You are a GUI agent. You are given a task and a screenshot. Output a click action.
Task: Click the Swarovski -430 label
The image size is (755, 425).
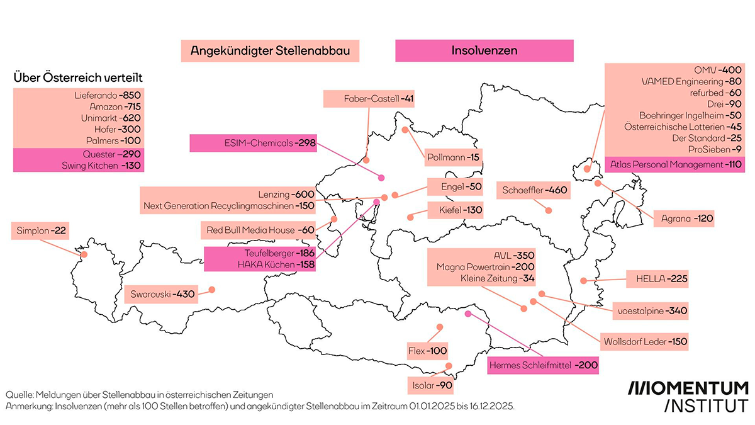(x=161, y=294)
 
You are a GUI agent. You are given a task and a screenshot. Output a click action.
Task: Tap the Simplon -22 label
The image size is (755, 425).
(x=39, y=231)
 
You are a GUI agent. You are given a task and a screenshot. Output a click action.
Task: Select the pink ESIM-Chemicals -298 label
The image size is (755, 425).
(x=251, y=143)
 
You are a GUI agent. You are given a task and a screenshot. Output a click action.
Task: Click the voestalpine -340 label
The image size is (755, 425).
(x=651, y=310)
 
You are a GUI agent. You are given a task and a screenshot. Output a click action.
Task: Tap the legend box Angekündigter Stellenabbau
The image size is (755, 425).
(x=270, y=50)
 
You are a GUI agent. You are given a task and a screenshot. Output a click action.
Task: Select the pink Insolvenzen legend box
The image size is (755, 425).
(x=484, y=50)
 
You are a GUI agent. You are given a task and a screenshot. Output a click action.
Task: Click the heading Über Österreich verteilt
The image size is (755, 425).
(x=78, y=78)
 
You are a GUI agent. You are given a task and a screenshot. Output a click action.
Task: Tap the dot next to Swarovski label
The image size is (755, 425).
(x=211, y=290)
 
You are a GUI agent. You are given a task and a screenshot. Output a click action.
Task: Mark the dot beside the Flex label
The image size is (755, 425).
(x=439, y=327)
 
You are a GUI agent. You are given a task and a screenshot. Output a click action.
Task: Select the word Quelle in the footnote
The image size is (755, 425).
(x=20, y=394)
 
